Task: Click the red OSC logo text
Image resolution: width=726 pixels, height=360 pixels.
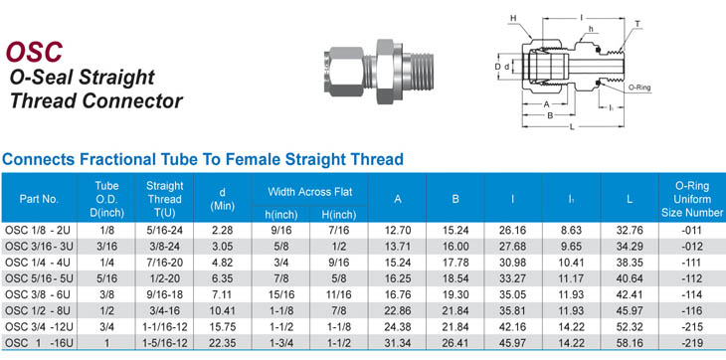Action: pyautogui.click(x=34, y=52)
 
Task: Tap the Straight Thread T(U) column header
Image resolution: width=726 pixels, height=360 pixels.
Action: pyautogui.click(x=164, y=200)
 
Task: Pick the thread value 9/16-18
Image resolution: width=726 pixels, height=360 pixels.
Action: pyautogui.click(x=164, y=294)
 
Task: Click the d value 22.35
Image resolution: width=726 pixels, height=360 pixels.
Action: pyautogui.click(x=222, y=343)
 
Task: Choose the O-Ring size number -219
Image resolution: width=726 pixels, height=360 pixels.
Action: pyautogui.click(x=692, y=343)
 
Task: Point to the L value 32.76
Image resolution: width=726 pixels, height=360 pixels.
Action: pyautogui.click(x=630, y=230)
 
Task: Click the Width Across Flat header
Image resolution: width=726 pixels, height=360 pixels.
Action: pyautogui.click(x=309, y=192)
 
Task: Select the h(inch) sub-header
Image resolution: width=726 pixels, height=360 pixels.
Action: pyautogui.click(x=280, y=215)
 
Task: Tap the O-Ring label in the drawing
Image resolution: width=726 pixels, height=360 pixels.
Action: pyautogui.click(x=639, y=87)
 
